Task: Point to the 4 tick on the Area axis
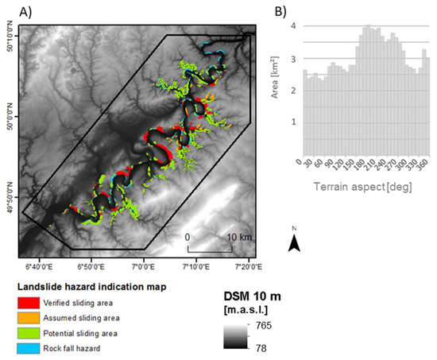(x=293, y=25)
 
